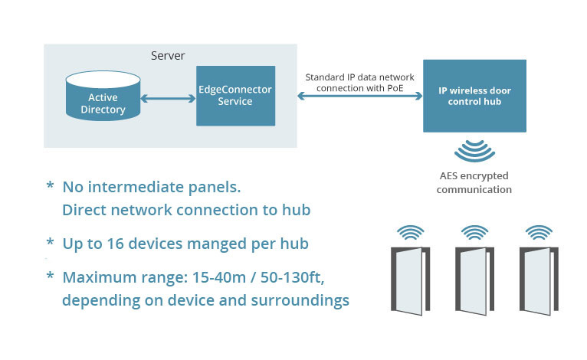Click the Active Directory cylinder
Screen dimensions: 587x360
(x=103, y=96)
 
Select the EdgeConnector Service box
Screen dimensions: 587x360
(x=236, y=96)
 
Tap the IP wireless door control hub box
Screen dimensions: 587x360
(x=474, y=96)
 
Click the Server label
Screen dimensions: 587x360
(x=168, y=56)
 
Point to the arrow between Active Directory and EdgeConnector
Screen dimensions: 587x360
(x=168, y=98)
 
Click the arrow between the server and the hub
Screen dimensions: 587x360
(x=360, y=97)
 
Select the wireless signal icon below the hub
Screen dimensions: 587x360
(x=474, y=150)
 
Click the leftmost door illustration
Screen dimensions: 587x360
(x=410, y=280)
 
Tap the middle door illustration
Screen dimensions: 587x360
(x=474, y=280)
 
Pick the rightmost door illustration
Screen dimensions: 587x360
(x=539, y=280)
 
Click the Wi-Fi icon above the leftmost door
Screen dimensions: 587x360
(x=411, y=232)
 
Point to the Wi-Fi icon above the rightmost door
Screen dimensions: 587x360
(x=539, y=232)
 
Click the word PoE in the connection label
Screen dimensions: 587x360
(x=394, y=88)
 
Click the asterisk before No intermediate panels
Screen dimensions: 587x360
(x=50, y=185)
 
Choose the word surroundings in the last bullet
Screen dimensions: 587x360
(x=300, y=301)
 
